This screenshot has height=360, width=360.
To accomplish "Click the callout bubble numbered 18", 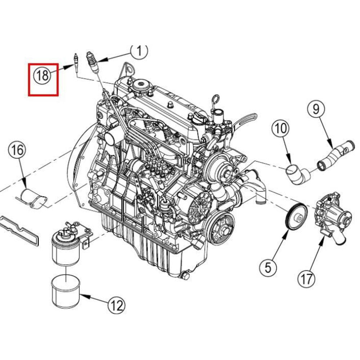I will click(42, 76).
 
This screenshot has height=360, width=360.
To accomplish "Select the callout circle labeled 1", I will click(139, 52).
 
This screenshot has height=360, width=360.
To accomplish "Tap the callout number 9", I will click(316, 109).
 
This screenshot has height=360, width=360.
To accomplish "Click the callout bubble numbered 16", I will click(17, 150).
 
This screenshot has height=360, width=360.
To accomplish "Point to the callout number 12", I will click(116, 305).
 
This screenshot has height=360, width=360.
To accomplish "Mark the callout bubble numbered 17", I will click(306, 278).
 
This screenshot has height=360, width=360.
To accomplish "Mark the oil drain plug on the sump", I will click(185, 276).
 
